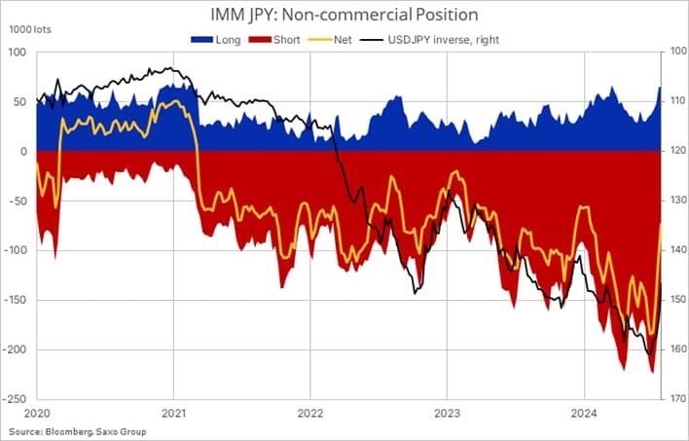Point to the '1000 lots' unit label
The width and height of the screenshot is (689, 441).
(28, 31)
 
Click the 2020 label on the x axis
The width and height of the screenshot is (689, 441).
(37, 414)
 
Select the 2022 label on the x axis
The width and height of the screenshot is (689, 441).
(309, 414)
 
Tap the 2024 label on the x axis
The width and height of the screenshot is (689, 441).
(583, 414)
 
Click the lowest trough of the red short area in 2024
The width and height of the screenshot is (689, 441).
(651, 372)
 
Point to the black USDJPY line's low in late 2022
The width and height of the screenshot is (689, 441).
(416, 293)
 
